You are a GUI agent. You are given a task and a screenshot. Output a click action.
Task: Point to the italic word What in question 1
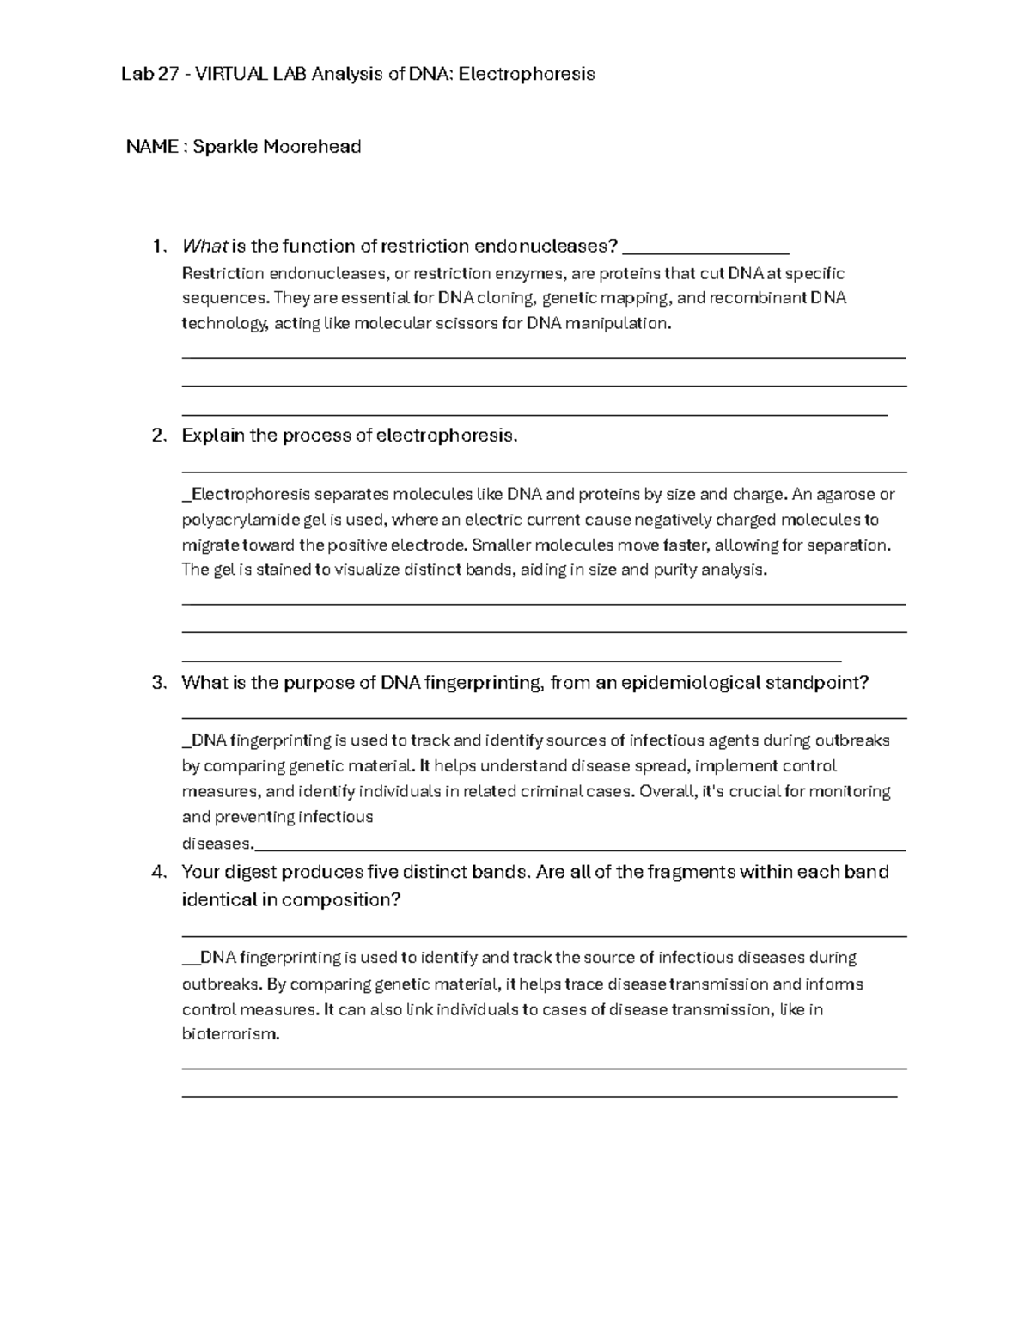[204, 247]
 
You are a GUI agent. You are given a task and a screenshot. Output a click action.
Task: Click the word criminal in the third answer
[546, 791]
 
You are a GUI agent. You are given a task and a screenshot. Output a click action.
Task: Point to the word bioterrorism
[230, 1034]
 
